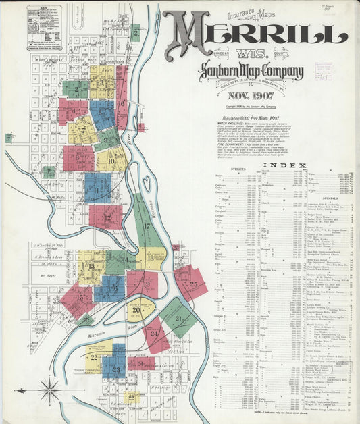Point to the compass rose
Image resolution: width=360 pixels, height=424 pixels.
pyautogui.click(x=49, y=389)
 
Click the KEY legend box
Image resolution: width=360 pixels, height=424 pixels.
pyautogui.click(x=43, y=28)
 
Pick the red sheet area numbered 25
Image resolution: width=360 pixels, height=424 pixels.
pyautogui.click(x=191, y=283)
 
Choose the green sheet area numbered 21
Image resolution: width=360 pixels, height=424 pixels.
pyautogui.click(x=178, y=319)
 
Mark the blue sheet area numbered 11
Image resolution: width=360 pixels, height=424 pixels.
pyautogui.click(x=97, y=188)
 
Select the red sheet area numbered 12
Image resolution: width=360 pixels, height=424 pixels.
pyautogui.click(x=107, y=217)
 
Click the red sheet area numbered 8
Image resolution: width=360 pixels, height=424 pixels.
pyautogui.click(x=78, y=157)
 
